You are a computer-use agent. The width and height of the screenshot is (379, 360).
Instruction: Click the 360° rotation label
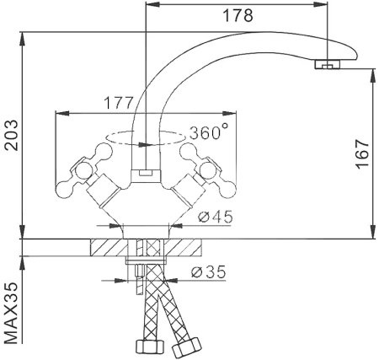coord(209,132)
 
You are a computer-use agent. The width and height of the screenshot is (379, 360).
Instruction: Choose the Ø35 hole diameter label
coord(208,272)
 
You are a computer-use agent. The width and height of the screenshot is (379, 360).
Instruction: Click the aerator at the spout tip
coord(328,64)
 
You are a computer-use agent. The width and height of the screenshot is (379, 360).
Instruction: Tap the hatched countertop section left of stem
coord(108,249)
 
